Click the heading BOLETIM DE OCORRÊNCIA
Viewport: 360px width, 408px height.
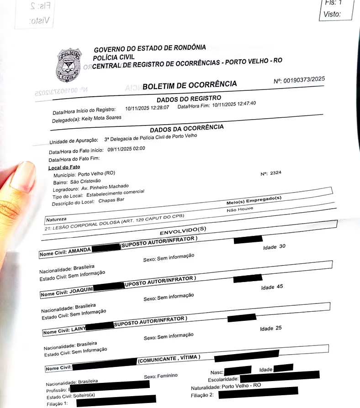(x=190, y=85)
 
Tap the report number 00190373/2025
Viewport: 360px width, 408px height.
(x=304, y=79)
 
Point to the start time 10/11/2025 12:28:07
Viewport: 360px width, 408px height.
(x=147, y=108)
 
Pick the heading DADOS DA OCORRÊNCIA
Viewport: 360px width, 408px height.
(x=187, y=129)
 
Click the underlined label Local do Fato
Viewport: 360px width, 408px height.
(x=64, y=167)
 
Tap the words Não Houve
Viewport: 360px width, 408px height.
(x=239, y=209)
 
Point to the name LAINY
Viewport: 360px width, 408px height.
(x=77, y=330)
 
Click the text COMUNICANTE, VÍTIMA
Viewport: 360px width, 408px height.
(x=169, y=359)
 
